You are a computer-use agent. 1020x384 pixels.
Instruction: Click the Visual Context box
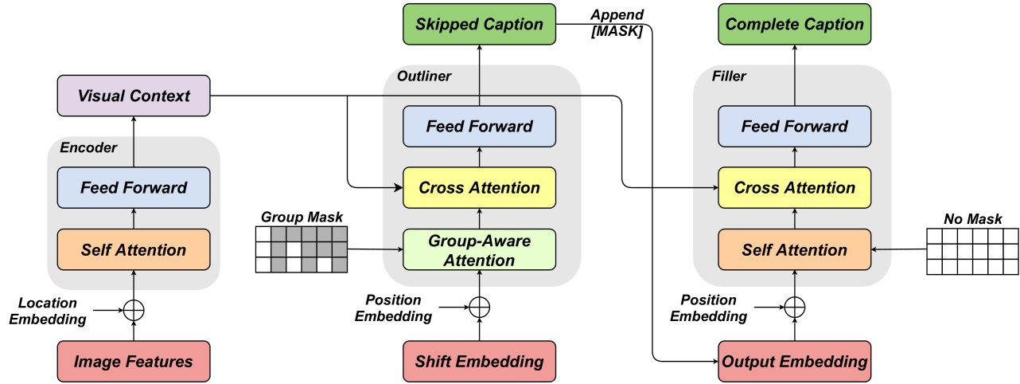click(x=134, y=96)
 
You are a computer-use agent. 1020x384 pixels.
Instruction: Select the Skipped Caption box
click(x=479, y=24)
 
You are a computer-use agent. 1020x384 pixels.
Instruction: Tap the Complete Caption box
click(x=795, y=24)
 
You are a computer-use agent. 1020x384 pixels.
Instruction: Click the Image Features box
click(x=134, y=361)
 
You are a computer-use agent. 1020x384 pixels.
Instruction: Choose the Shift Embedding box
click(x=479, y=361)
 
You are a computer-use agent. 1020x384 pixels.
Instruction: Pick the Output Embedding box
click(x=795, y=361)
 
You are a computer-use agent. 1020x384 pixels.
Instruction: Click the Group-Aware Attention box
click(x=479, y=249)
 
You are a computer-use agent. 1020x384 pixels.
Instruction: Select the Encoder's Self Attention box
click(x=134, y=249)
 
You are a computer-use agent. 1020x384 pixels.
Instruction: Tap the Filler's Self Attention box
click(x=795, y=249)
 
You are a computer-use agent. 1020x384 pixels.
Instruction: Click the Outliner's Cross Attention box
click(x=479, y=187)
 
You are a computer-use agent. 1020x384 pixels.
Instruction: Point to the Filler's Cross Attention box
click(x=795, y=187)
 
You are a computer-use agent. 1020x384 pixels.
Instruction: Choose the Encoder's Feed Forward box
click(x=134, y=187)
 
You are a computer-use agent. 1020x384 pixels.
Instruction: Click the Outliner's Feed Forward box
click(x=479, y=127)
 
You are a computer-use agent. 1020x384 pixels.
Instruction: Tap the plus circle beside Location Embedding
click(x=134, y=311)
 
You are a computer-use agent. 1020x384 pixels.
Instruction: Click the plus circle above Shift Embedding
click(x=479, y=307)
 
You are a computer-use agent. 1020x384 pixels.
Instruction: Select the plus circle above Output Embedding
click(x=795, y=307)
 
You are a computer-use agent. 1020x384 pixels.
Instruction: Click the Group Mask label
click(x=302, y=217)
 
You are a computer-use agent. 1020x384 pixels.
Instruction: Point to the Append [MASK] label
click(x=617, y=23)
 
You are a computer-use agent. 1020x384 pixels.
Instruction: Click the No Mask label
click(x=972, y=219)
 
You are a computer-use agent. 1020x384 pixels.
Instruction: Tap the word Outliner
click(x=424, y=76)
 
